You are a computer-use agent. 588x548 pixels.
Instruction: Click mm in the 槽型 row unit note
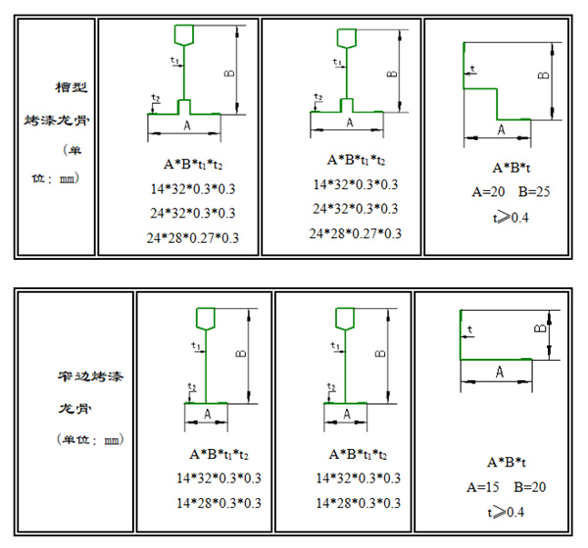[x=66, y=179]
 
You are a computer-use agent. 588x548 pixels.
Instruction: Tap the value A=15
[x=483, y=486]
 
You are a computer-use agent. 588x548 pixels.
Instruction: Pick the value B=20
[x=530, y=486]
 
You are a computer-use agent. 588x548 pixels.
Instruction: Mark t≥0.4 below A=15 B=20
[x=507, y=511]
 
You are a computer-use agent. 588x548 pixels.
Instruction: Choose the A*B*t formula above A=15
[x=507, y=461]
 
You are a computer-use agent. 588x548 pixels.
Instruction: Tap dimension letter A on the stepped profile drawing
[x=501, y=129]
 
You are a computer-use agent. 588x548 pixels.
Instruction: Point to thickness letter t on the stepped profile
[x=473, y=69]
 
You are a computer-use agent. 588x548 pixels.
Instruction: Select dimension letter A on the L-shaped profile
[x=499, y=373]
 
